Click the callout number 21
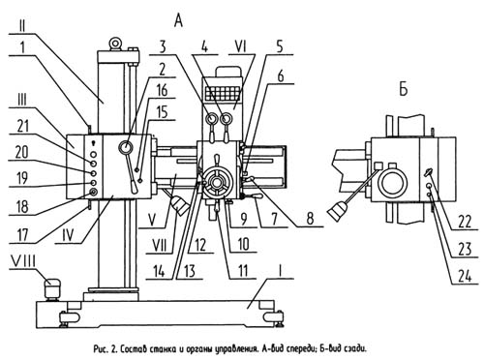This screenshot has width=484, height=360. [x=23, y=126]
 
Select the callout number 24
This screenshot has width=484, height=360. [x=465, y=277]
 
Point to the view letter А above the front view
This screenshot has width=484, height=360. [x=178, y=21]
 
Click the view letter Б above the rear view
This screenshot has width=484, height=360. [x=404, y=89]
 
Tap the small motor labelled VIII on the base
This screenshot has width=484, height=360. [x=51, y=288]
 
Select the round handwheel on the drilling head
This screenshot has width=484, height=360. [x=217, y=183]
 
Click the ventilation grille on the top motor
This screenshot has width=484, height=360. [x=224, y=93]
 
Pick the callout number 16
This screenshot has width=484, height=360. [x=162, y=90]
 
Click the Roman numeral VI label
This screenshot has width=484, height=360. [x=241, y=46]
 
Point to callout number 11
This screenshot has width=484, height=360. [x=242, y=271]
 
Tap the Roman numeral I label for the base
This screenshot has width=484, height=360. [x=280, y=271]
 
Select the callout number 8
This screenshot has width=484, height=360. [x=310, y=219]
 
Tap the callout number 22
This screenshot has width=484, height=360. [x=465, y=223]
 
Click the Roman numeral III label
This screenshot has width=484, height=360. [x=22, y=100]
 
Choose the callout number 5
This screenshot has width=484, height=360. [x=280, y=46]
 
